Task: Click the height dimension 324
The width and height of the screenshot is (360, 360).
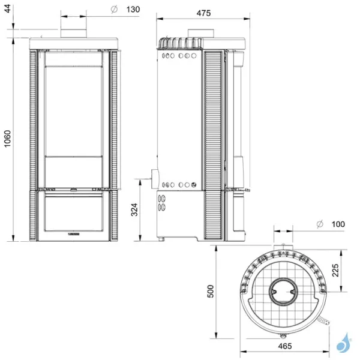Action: pos(134,210)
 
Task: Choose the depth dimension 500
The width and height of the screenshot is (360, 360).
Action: pos(209,292)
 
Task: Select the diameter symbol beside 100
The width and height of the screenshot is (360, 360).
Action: pos(319,224)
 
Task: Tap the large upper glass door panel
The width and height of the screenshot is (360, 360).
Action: pos(74,108)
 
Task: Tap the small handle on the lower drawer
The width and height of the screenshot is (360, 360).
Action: pos(75,230)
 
